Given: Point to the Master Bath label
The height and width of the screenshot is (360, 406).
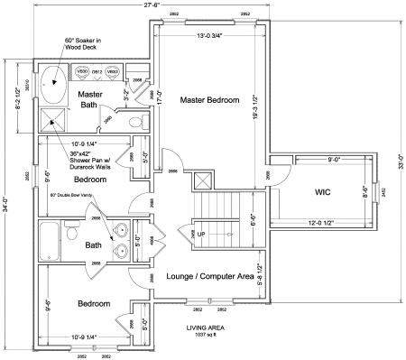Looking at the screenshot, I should (x=89, y=100).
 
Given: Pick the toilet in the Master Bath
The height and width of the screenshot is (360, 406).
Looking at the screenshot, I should (x=136, y=121).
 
